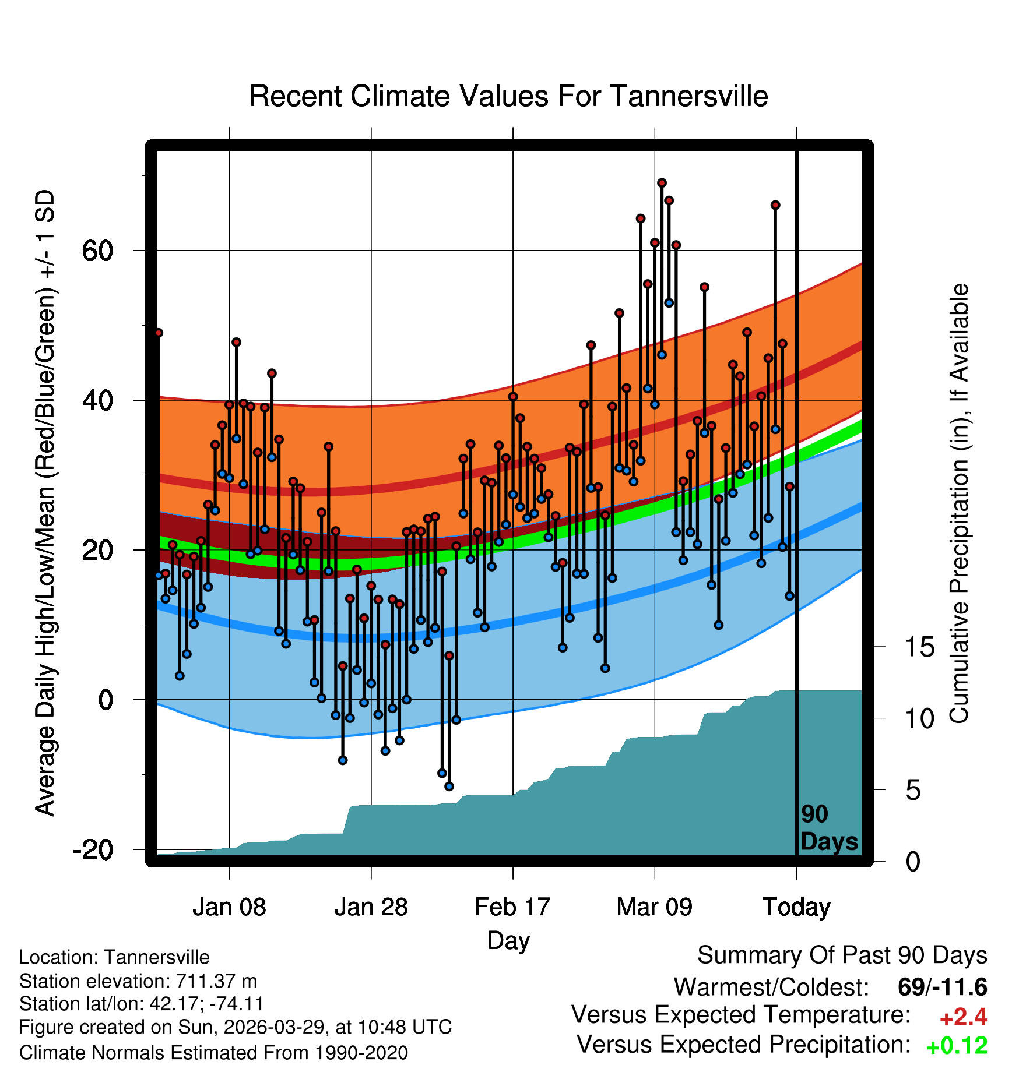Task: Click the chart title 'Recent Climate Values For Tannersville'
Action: pyautogui.click(x=508, y=96)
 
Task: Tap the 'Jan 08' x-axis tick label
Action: pyautogui.click(x=229, y=907)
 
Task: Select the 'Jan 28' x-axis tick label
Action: pyautogui.click(x=371, y=907)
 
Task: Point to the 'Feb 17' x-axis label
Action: pyautogui.click(x=512, y=907)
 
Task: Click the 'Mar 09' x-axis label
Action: pyautogui.click(x=655, y=907)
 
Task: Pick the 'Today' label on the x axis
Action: pyautogui.click(x=796, y=907)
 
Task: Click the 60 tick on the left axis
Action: pyautogui.click(x=97, y=251)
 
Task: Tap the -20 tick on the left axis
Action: pyautogui.click(x=93, y=850)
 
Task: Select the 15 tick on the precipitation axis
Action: pyautogui.click(x=920, y=647)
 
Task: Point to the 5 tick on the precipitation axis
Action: pyautogui.click(x=913, y=791)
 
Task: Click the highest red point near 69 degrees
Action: pyautogui.click(x=662, y=183)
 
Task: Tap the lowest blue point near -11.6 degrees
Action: pyautogui.click(x=449, y=787)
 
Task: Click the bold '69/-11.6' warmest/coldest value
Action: pyautogui.click(x=943, y=988)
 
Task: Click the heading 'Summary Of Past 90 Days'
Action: pyautogui.click(x=842, y=955)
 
